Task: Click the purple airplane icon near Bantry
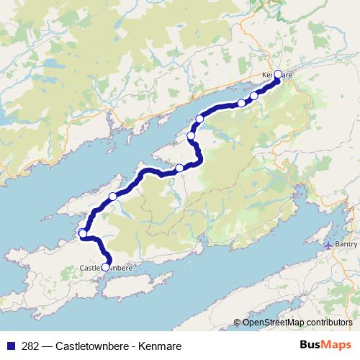pyautogui.click(x=329, y=245)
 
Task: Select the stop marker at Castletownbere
pyautogui.click(x=106, y=267)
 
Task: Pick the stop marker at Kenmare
pyautogui.click(x=278, y=74)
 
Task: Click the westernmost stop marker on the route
pyautogui.click(x=83, y=233)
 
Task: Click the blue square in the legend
pyautogui.click(x=10, y=346)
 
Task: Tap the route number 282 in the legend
pyautogui.click(x=32, y=346)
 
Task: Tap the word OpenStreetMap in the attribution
pyautogui.click(x=272, y=322)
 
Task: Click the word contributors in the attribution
pyautogui.click(x=328, y=322)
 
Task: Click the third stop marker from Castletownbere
pyautogui.click(x=112, y=197)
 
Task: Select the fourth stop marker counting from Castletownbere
pyautogui.click(x=179, y=168)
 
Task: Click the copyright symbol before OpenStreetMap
pyautogui.click(x=238, y=322)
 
